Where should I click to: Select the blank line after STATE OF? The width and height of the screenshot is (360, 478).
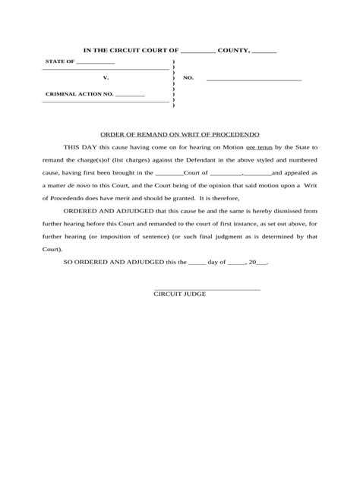95,63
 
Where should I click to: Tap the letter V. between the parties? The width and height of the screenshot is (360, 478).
106,78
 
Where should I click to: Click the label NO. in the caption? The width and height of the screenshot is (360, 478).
189,78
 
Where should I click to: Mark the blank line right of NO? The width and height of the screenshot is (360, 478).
254,79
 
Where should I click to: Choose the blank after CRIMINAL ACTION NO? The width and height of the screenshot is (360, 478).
130,95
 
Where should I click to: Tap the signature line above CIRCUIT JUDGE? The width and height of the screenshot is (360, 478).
207,290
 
